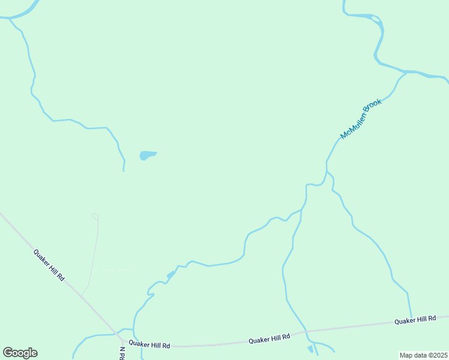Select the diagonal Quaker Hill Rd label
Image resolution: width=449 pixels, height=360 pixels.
click(x=49, y=265)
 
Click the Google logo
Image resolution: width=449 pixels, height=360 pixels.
click(x=20, y=353)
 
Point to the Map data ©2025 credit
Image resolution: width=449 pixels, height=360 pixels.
click(x=423, y=355)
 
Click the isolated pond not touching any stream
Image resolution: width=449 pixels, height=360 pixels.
click(x=147, y=155)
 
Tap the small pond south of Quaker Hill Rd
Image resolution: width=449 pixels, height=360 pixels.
click(x=310, y=349)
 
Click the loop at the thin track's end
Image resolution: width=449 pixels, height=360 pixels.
click(x=94, y=215)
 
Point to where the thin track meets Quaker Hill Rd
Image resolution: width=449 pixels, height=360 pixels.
click(x=82, y=295)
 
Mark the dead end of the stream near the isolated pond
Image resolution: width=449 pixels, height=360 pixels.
click(x=124, y=170)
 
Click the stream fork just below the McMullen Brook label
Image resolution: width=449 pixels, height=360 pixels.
click(x=327, y=172)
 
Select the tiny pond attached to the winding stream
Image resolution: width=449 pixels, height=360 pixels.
click(x=171, y=274)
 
